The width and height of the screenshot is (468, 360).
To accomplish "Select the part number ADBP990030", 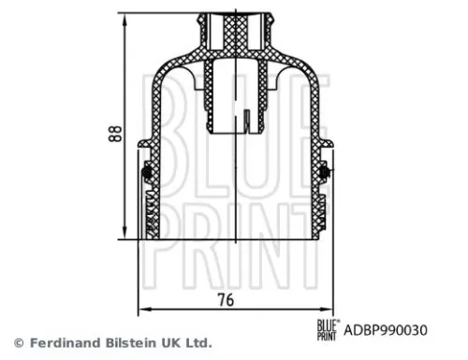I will click(386, 330).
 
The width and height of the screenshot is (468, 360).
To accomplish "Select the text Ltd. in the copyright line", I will click(196, 342).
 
